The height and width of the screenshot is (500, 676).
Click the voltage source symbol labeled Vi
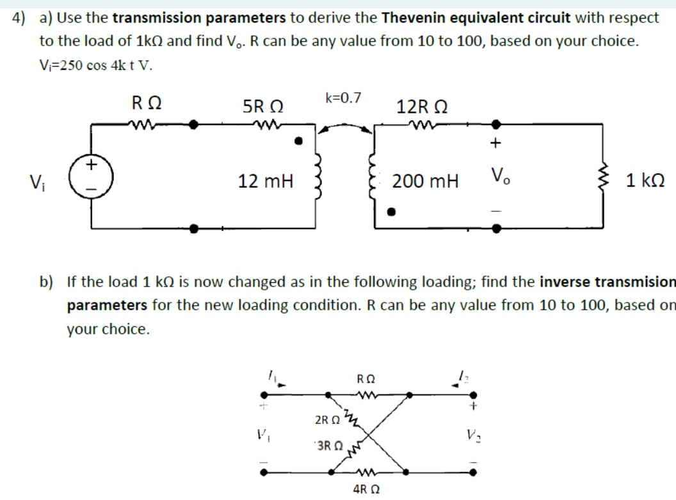coord(92,174)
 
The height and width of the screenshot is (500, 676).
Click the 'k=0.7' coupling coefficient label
coord(343,98)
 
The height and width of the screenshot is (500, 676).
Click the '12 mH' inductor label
coord(265,181)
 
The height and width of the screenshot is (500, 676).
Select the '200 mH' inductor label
coord(425,181)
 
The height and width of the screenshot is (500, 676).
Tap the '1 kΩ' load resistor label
coord(646,181)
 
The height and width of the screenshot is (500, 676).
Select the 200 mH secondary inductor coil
coord(372,178)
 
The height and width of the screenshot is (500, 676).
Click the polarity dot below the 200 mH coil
coord(395,210)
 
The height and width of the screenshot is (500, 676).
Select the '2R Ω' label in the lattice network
coord(328,421)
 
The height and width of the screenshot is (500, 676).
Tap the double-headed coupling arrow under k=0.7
coord(346,127)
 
